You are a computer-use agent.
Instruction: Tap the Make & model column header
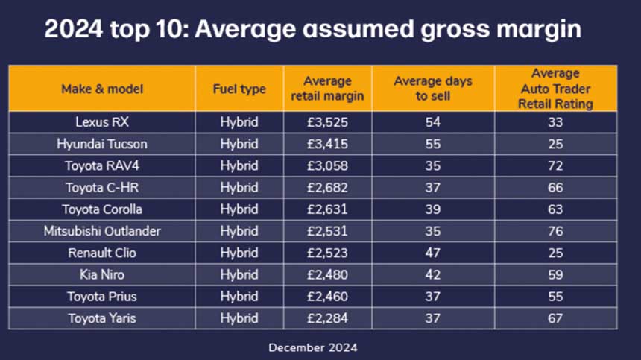click(x=102, y=89)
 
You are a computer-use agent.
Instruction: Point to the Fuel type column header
click(x=239, y=89)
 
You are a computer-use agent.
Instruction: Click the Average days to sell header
click(x=433, y=89)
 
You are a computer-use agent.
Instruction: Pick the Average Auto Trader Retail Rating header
click(x=555, y=89)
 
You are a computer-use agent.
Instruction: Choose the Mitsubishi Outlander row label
click(x=102, y=231)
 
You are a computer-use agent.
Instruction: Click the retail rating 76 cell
click(x=555, y=231)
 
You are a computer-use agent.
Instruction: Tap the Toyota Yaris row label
click(x=102, y=318)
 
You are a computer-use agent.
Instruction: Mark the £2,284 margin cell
click(x=327, y=318)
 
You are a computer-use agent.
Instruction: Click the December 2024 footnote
click(x=313, y=347)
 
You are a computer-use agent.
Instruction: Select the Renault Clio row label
click(x=102, y=253)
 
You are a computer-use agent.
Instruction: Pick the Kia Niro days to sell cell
click(x=433, y=274)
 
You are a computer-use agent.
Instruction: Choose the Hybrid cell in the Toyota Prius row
click(x=239, y=297)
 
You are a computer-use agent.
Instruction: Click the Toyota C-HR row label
click(x=102, y=188)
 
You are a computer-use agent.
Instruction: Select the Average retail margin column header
click(x=327, y=89)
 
